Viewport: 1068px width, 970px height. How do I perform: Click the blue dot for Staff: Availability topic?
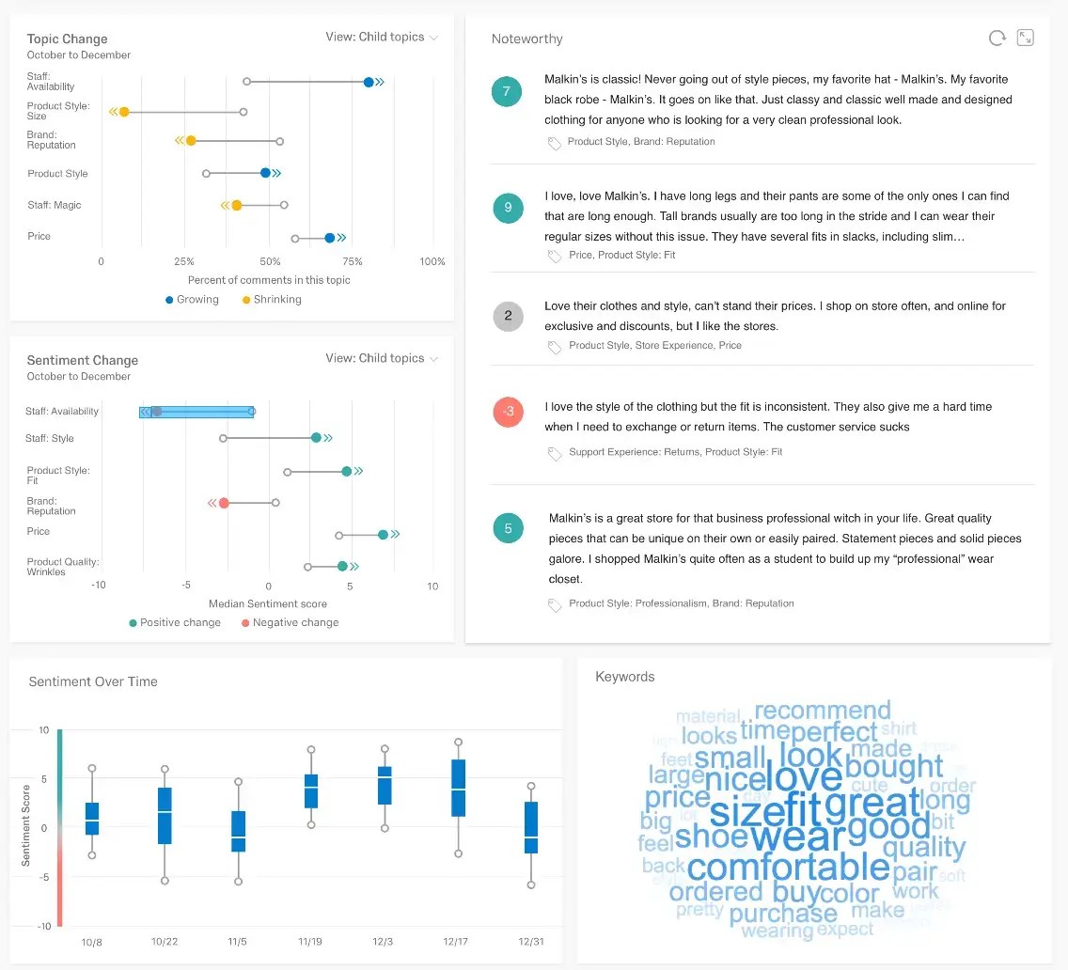[x=369, y=83]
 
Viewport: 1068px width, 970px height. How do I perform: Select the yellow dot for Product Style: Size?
[x=124, y=112]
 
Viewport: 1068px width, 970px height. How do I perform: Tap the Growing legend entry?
[x=192, y=300]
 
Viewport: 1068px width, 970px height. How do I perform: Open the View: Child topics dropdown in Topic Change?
[x=382, y=38]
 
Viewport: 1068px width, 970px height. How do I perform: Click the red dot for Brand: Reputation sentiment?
[x=224, y=503]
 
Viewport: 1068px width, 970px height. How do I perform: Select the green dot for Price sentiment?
[x=383, y=535]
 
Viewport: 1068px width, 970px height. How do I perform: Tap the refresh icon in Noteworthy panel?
[x=997, y=39]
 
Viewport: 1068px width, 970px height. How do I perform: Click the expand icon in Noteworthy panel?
[x=1026, y=39]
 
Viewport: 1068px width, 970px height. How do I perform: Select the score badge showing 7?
[x=507, y=91]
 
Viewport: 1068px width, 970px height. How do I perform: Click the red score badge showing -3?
[x=508, y=412]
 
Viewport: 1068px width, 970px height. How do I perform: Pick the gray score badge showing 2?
[x=508, y=316]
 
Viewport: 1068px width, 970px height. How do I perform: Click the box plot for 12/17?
[x=458, y=788]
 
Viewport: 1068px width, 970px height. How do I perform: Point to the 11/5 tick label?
[x=238, y=942]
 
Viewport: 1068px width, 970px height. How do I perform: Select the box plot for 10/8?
[x=92, y=818]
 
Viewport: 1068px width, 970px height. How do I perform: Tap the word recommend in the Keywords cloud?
[x=823, y=711]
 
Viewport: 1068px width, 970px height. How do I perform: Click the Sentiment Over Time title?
[x=93, y=681]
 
